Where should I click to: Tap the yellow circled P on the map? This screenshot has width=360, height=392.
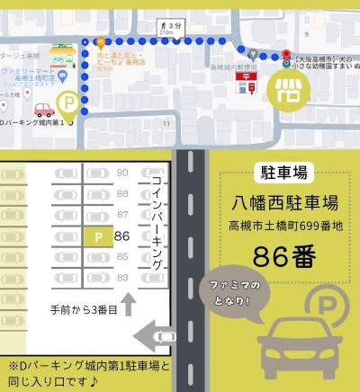coord(67,104)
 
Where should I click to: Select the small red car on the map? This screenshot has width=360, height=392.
coord(43,111)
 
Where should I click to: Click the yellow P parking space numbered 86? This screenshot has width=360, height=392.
coord(98,236)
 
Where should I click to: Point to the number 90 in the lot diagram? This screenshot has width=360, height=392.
coord(123,172)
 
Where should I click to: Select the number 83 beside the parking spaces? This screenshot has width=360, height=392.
coord(123,277)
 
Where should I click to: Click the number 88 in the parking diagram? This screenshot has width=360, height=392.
coord(123,193)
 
